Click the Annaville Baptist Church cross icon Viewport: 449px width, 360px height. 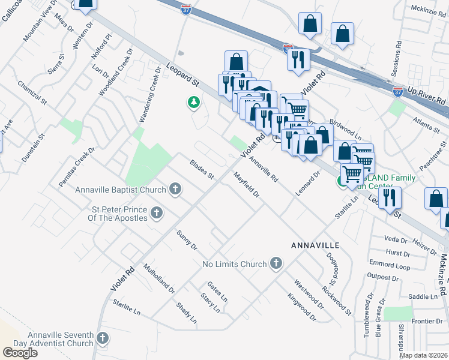175,190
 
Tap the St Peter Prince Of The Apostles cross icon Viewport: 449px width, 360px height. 156,212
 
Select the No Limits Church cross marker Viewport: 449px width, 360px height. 276,263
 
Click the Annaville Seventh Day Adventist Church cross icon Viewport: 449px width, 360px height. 102,339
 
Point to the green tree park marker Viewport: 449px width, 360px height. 193,104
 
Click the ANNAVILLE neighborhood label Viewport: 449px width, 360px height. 315,246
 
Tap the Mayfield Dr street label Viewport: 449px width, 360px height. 246,185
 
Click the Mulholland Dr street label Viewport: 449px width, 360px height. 158,278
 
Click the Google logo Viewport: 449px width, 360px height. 20,352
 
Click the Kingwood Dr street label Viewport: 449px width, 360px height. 301,305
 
